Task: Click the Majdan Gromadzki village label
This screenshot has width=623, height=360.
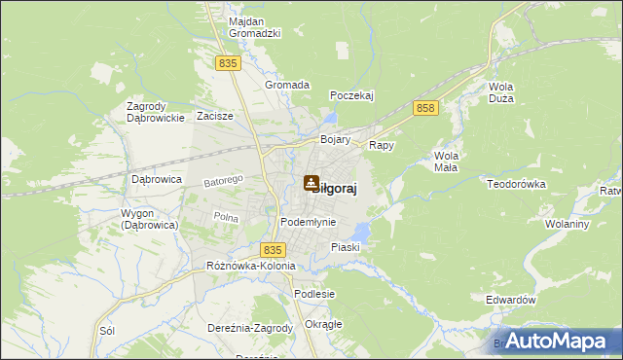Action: pyautogui.click(x=254, y=27)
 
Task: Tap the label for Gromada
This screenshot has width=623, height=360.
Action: pyautogui.click(x=287, y=85)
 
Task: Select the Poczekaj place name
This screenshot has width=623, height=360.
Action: pyautogui.click(x=352, y=94)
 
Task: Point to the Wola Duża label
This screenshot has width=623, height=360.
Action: pyautogui.click(x=501, y=92)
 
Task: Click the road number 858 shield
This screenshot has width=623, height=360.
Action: pyautogui.click(x=423, y=108)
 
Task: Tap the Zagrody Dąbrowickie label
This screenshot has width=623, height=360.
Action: pyautogui.click(x=156, y=112)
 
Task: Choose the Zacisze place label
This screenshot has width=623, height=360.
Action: pyautogui.click(x=214, y=116)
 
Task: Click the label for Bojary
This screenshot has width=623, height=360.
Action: pyautogui.click(x=335, y=139)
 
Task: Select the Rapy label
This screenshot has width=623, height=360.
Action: pyautogui.click(x=381, y=145)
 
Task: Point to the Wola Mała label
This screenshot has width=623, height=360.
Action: pyautogui.click(x=447, y=162)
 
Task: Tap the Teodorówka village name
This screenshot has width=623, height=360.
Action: pyautogui.click(x=519, y=184)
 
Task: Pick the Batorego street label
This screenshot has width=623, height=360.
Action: pyautogui.click(x=222, y=181)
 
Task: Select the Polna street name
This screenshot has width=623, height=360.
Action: pyautogui.click(x=226, y=217)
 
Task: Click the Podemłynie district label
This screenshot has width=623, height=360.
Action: pyautogui.click(x=308, y=222)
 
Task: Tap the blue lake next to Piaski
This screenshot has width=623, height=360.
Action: pyautogui.click(x=361, y=232)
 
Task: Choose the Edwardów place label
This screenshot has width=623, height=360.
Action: pyautogui.click(x=511, y=301)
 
